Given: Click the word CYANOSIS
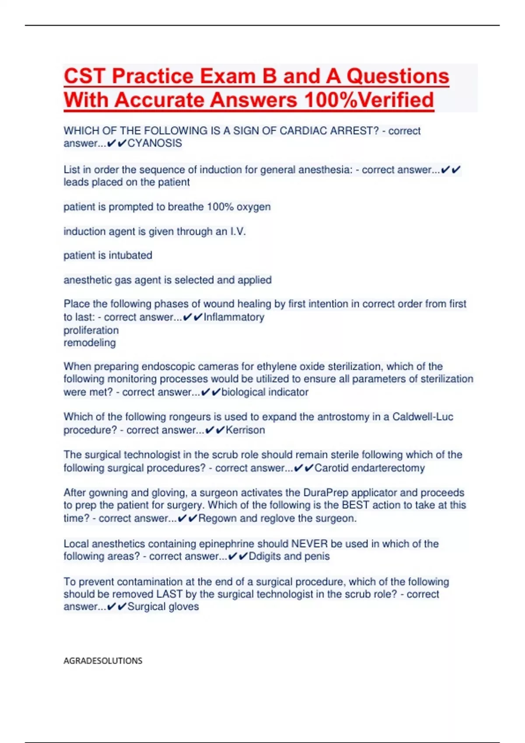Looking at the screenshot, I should coord(154,143).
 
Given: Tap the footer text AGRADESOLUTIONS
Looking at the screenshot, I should coord(103,660).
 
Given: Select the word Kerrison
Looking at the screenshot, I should coord(245,430).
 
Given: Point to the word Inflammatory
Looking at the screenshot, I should coord(234,317).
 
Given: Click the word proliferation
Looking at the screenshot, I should coord(91,330).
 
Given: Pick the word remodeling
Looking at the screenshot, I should coord(90,343).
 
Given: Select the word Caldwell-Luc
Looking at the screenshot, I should coord(423,417).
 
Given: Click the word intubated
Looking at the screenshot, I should coord(130,255).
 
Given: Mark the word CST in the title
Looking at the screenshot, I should coord(84,76).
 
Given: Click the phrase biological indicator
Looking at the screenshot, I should coord(265,392).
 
